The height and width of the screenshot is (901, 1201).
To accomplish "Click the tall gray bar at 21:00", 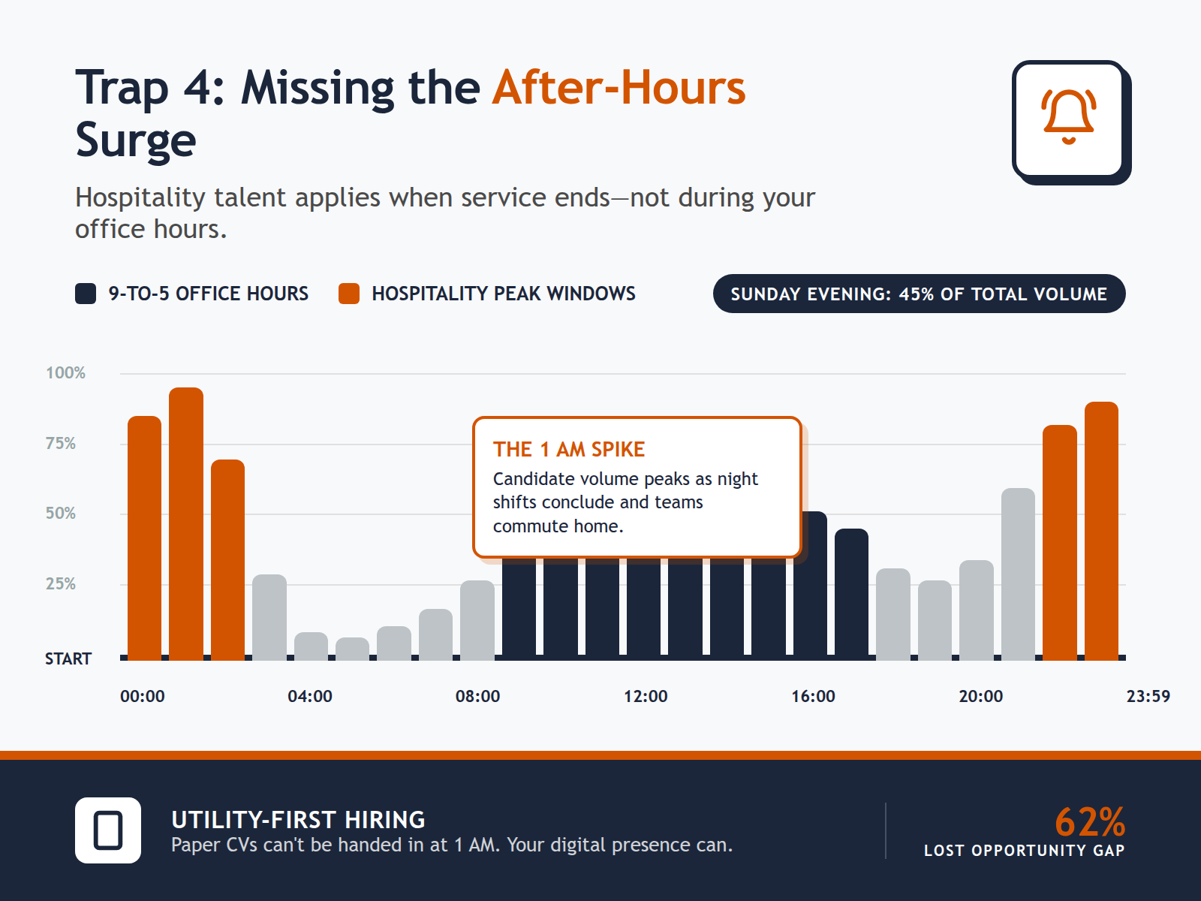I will [1018, 574].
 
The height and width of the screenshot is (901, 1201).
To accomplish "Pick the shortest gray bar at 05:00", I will [352, 649].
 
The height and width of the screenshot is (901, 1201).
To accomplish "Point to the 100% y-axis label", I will [65, 373].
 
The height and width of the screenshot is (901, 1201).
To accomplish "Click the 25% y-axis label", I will [61, 584].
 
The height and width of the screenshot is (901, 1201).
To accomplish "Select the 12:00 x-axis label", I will [646, 697].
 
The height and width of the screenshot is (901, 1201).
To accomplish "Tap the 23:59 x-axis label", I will [1148, 697].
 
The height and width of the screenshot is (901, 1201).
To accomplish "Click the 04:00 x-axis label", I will [310, 697].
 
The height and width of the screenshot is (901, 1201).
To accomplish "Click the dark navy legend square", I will [86, 294].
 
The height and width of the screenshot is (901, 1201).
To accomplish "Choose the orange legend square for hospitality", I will [349, 294].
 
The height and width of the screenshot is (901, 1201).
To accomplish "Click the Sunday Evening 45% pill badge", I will [919, 294].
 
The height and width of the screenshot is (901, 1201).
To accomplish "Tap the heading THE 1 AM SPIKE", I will [569, 450].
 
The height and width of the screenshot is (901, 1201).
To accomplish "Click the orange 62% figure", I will [1089, 821].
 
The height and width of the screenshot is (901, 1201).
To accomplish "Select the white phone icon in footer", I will [108, 830].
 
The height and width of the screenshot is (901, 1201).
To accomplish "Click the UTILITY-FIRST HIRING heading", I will [298, 819].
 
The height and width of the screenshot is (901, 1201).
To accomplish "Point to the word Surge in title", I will [136, 140].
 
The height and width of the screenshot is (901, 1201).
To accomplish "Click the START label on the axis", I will [68, 659].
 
